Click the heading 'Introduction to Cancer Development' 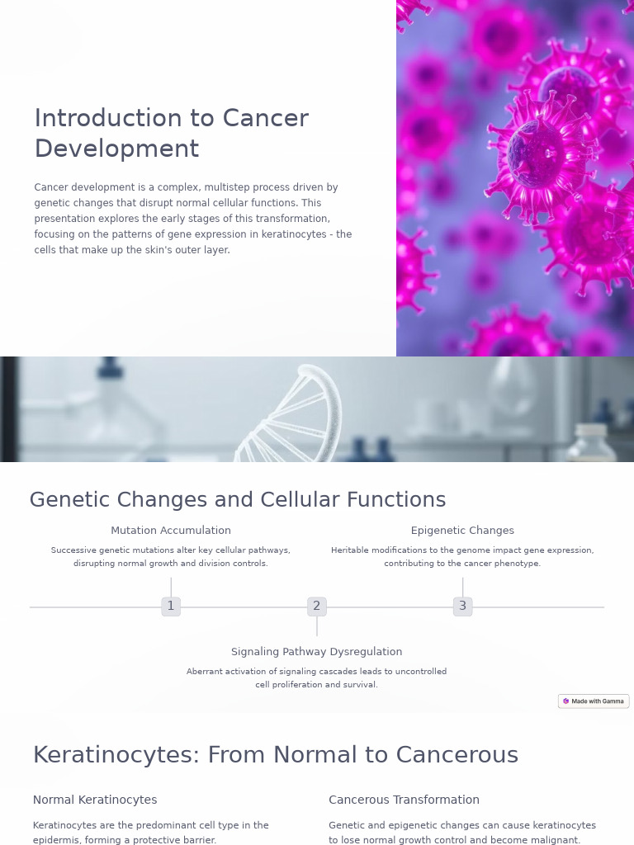pos(171,134)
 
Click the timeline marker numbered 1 pos(171,607)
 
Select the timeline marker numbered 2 pos(316,607)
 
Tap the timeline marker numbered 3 pos(462,607)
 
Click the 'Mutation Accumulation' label pos(171,531)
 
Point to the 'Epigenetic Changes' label pos(462,531)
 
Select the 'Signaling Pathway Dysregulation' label pos(316,652)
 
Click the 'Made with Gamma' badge pos(594,701)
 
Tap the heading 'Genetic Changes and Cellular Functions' pos(238,500)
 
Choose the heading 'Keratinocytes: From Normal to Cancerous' pos(276,755)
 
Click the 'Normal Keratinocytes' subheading pos(95,800)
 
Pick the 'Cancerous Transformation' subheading pos(404,800)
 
